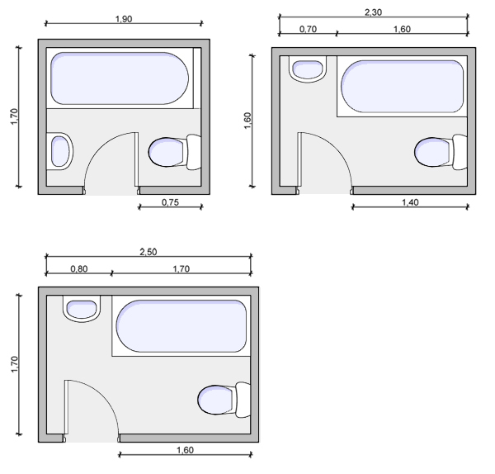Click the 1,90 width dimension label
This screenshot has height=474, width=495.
(124, 19)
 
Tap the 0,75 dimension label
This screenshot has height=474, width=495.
(170, 202)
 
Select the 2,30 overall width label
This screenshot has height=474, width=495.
(373, 12)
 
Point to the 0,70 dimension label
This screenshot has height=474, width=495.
(308, 29)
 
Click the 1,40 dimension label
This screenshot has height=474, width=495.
(410, 202)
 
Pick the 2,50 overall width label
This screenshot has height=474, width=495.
(148, 252)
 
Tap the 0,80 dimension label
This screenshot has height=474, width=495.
(79, 269)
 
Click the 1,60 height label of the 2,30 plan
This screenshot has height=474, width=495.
(247, 121)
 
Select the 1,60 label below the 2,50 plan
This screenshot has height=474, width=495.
(185, 450)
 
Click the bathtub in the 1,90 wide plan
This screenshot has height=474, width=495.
(120, 78)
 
